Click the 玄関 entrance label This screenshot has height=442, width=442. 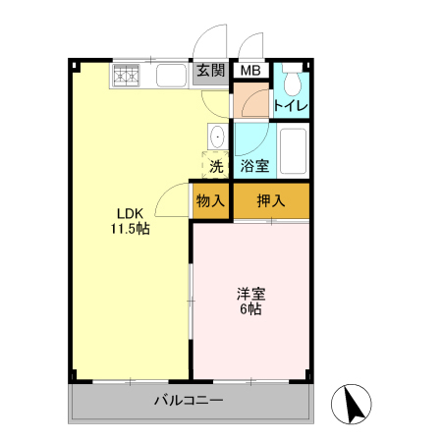[x=210, y=71]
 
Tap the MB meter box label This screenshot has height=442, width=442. [x=251, y=71]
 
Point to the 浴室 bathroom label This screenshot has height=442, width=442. [x=255, y=166]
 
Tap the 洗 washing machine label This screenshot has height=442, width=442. [x=216, y=166]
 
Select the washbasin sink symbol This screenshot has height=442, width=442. [x=218, y=136]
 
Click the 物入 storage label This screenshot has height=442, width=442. [x=210, y=201]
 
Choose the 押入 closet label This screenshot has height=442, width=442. [x=271, y=201]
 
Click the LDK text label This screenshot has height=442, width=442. [x=130, y=214]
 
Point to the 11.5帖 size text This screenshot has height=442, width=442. [x=130, y=231]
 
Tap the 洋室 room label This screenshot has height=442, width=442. [x=250, y=293]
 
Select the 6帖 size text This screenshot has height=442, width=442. [x=250, y=309]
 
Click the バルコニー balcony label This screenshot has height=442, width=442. [x=189, y=401]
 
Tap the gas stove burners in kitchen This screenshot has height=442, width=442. [x=127, y=75]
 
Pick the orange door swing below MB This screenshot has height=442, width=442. [x=248, y=102]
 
